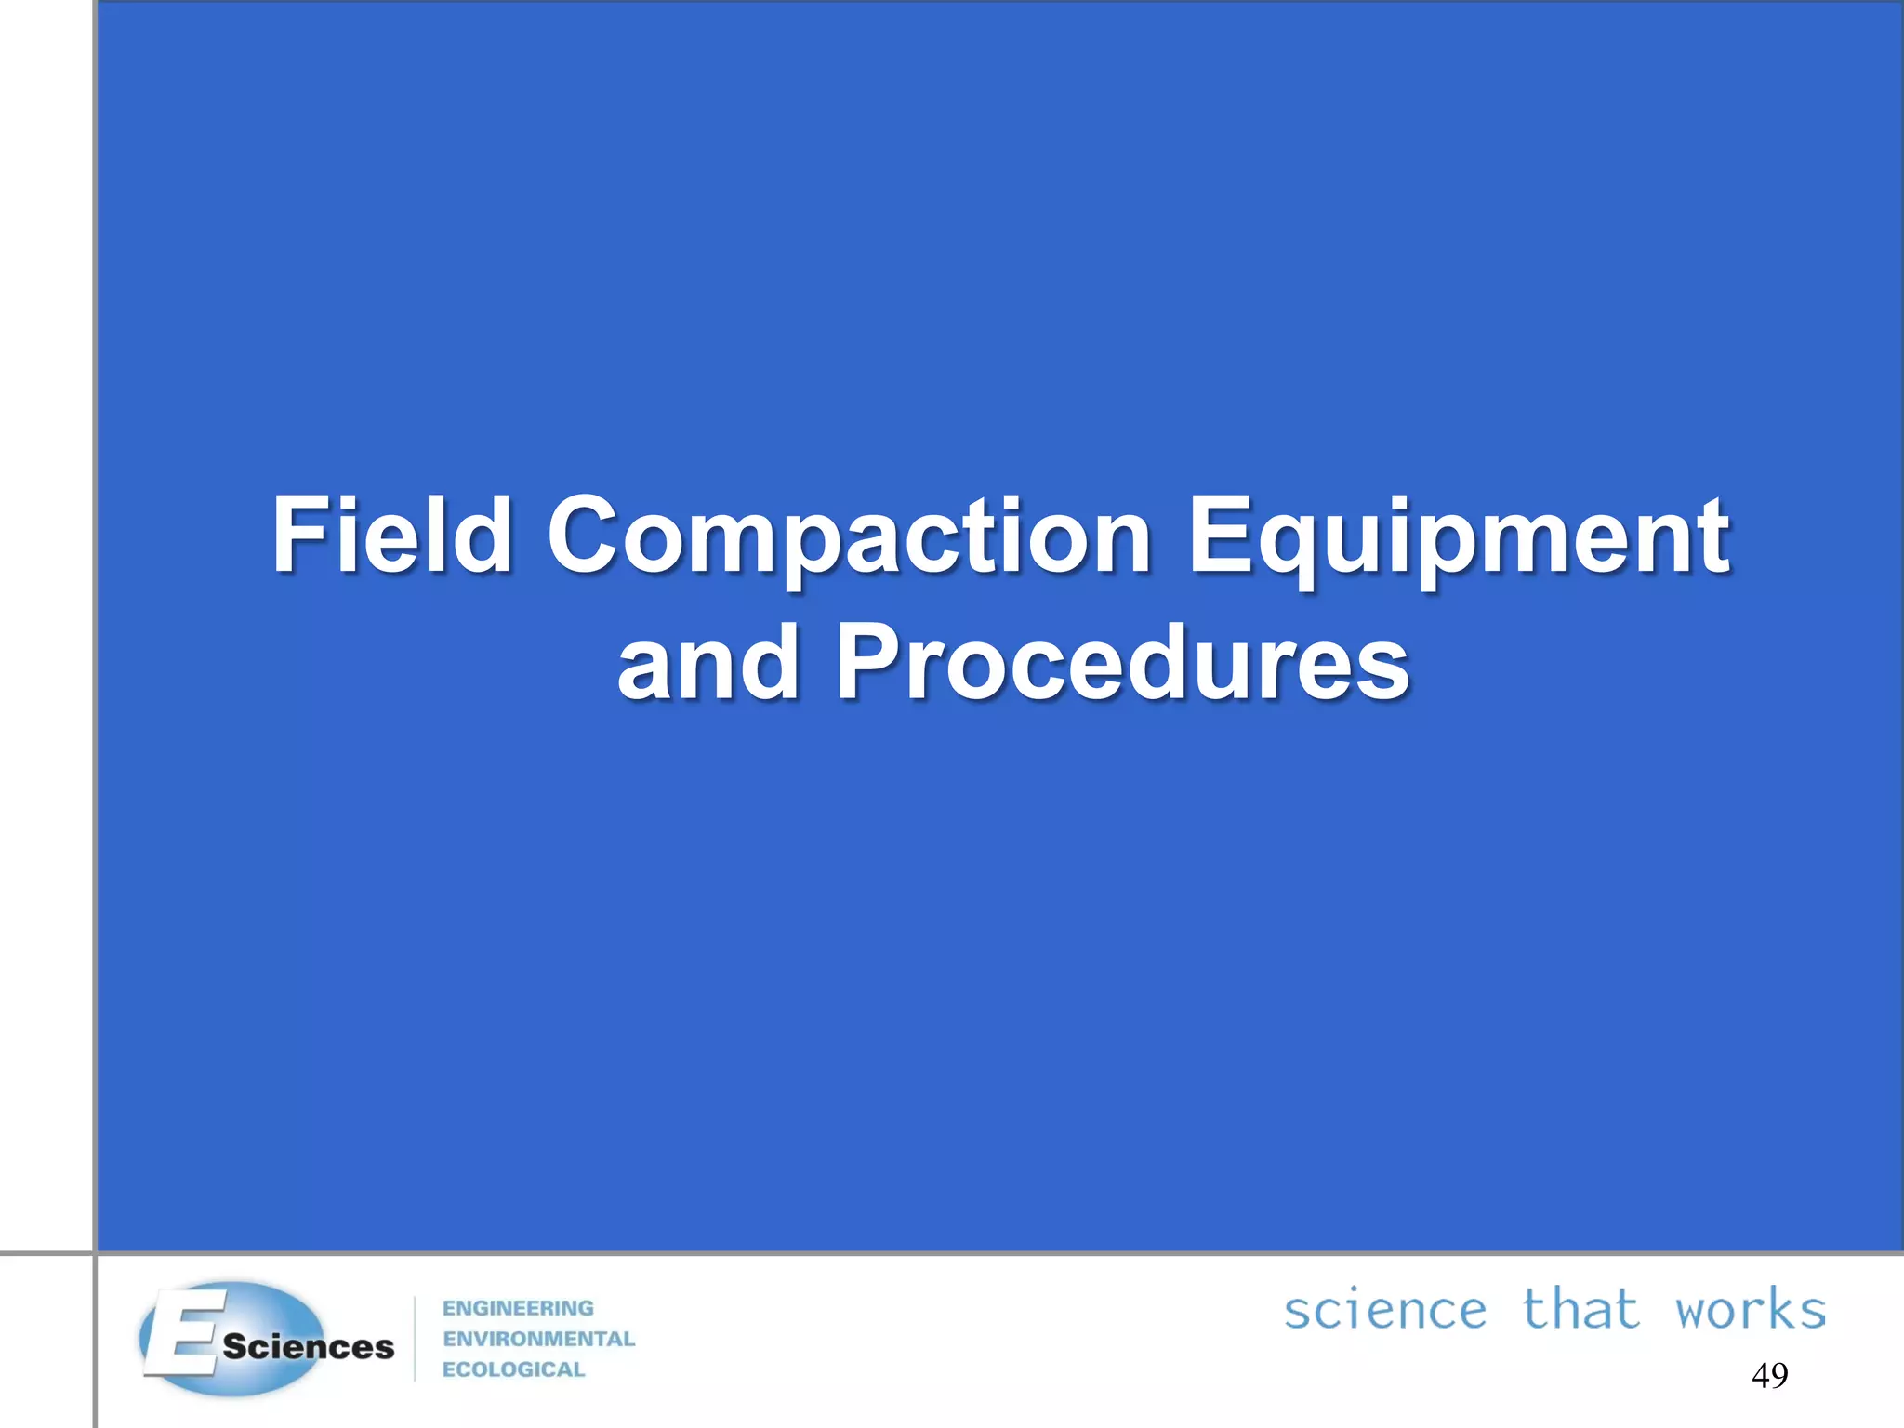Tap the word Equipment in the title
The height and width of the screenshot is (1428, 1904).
pyautogui.click(x=1458, y=537)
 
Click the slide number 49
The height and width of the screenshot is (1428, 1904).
pyautogui.click(x=1769, y=1375)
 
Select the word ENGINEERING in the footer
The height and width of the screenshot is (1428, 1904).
pyautogui.click(x=518, y=1308)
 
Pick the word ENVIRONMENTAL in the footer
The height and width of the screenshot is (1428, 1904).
pyautogui.click(x=538, y=1339)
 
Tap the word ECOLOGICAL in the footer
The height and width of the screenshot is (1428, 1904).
pyautogui.click(x=513, y=1369)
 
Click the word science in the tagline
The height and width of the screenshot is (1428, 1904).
pyautogui.click(x=1384, y=1311)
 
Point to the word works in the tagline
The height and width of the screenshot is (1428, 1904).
pyautogui.click(x=1751, y=1311)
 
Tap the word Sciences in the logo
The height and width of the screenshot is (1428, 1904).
pyautogui.click(x=308, y=1347)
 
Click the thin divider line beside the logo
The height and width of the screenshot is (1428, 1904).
pyautogui.click(x=415, y=1339)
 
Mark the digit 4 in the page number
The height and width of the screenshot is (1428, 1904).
pyautogui.click(x=1761, y=1375)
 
